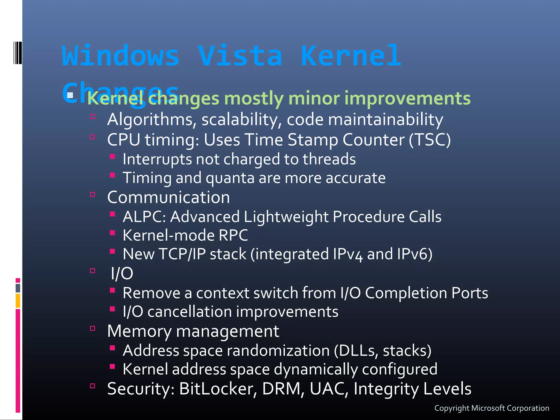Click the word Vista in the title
[x=240, y=56]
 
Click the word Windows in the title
[x=121, y=56]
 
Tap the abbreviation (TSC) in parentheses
[x=430, y=140]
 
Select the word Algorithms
[x=150, y=120]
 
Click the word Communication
[x=168, y=197]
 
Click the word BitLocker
[x=218, y=389]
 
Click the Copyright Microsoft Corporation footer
[x=492, y=408]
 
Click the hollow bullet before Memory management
[x=92, y=328]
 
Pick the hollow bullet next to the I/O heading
[x=92, y=271]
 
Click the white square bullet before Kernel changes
[x=70, y=95]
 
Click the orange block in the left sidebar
[x=18, y=301]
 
